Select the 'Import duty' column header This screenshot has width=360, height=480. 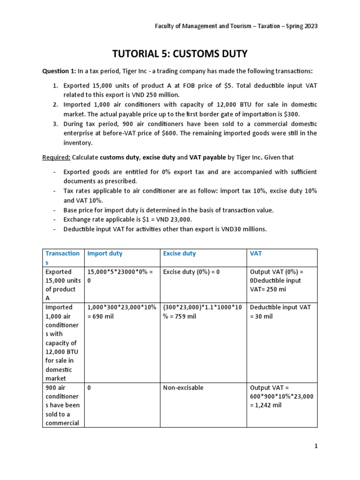pyautogui.click(x=105, y=254)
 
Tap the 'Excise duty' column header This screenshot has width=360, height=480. pyautogui.click(x=180, y=254)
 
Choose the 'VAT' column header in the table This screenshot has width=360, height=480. pyautogui.click(x=256, y=254)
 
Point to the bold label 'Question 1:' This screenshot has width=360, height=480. pyautogui.click(x=59, y=71)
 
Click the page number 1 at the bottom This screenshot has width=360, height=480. pyautogui.click(x=316, y=446)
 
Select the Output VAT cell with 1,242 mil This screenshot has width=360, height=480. pyautogui.click(x=282, y=397)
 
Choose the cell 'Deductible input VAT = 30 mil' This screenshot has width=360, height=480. pyautogui.click(x=280, y=312)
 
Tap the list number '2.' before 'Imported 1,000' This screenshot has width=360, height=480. pyautogui.click(x=55, y=104)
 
